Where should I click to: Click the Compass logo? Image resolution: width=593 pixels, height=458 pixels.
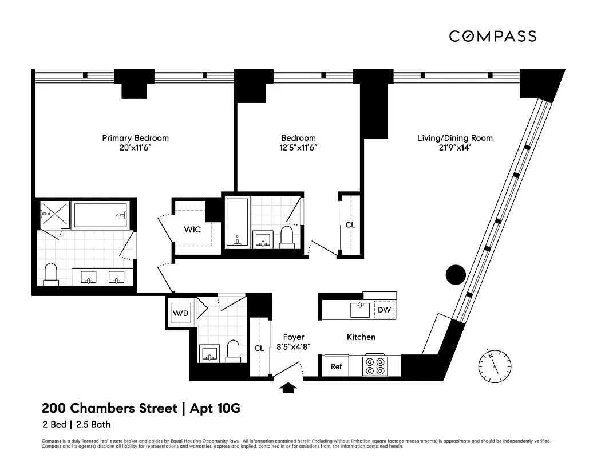(492, 37)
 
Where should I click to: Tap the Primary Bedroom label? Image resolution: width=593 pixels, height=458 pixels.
(135, 138)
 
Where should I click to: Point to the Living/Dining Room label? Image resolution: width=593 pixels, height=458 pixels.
(454, 138)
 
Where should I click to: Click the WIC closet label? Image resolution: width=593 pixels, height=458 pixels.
(192, 229)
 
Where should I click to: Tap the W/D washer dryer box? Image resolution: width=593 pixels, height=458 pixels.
(180, 313)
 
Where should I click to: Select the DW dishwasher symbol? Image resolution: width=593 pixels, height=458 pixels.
(384, 310)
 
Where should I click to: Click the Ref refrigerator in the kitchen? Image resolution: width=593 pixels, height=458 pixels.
(337, 366)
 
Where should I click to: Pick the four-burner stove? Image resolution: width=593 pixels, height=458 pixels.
(375, 366)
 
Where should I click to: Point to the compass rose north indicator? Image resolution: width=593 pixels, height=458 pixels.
(495, 364)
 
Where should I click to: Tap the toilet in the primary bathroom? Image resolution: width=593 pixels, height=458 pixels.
(51, 274)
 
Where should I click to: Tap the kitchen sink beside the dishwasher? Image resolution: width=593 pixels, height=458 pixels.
(361, 310)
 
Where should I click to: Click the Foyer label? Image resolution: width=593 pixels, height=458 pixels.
(294, 337)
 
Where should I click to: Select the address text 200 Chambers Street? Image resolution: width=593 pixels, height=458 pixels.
(109, 409)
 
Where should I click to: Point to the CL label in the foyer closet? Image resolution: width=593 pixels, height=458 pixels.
(259, 348)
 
